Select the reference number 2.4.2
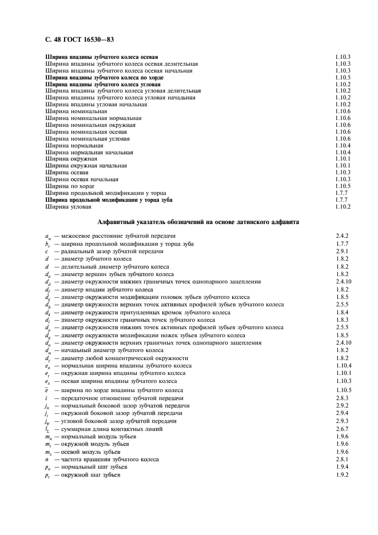click(x=343, y=236)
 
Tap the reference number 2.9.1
click(x=343, y=251)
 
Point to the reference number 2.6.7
click(x=343, y=429)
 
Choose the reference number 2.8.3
click(x=343, y=398)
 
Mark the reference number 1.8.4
click(x=343, y=313)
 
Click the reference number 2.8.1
click(x=343, y=460)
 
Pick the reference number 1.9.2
click(x=343, y=475)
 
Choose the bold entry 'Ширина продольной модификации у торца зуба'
click(x=109, y=200)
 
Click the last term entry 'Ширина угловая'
click(x=66, y=207)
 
